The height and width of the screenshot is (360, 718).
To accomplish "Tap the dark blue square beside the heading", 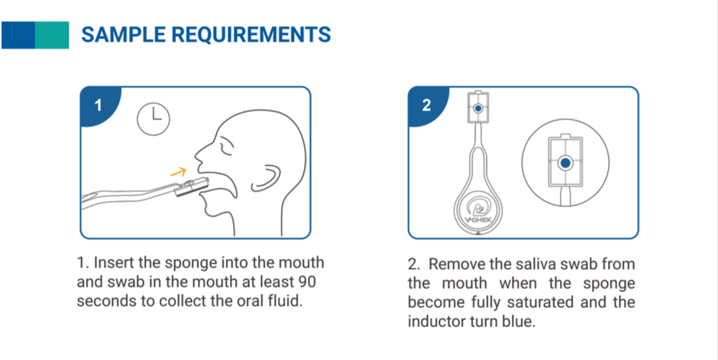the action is click(x=18, y=35).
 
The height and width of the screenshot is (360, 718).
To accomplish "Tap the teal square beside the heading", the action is click(x=52, y=35).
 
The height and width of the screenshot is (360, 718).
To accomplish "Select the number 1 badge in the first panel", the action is click(x=98, y=105).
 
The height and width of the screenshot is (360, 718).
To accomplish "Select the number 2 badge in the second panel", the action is click(x=426, y=105).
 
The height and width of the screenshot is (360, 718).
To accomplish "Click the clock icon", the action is click(x=154, y=118).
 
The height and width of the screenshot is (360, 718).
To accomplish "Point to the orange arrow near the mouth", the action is click(x=178, y=172).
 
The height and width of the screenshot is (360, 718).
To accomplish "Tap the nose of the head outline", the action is click(x=199, y=153).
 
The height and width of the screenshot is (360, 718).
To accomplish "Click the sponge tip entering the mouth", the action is click(x=192, y=186).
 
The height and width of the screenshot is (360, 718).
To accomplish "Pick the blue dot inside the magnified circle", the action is click(x=565, y=163).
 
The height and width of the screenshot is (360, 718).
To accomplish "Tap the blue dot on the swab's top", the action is click(x=478, y=109).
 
